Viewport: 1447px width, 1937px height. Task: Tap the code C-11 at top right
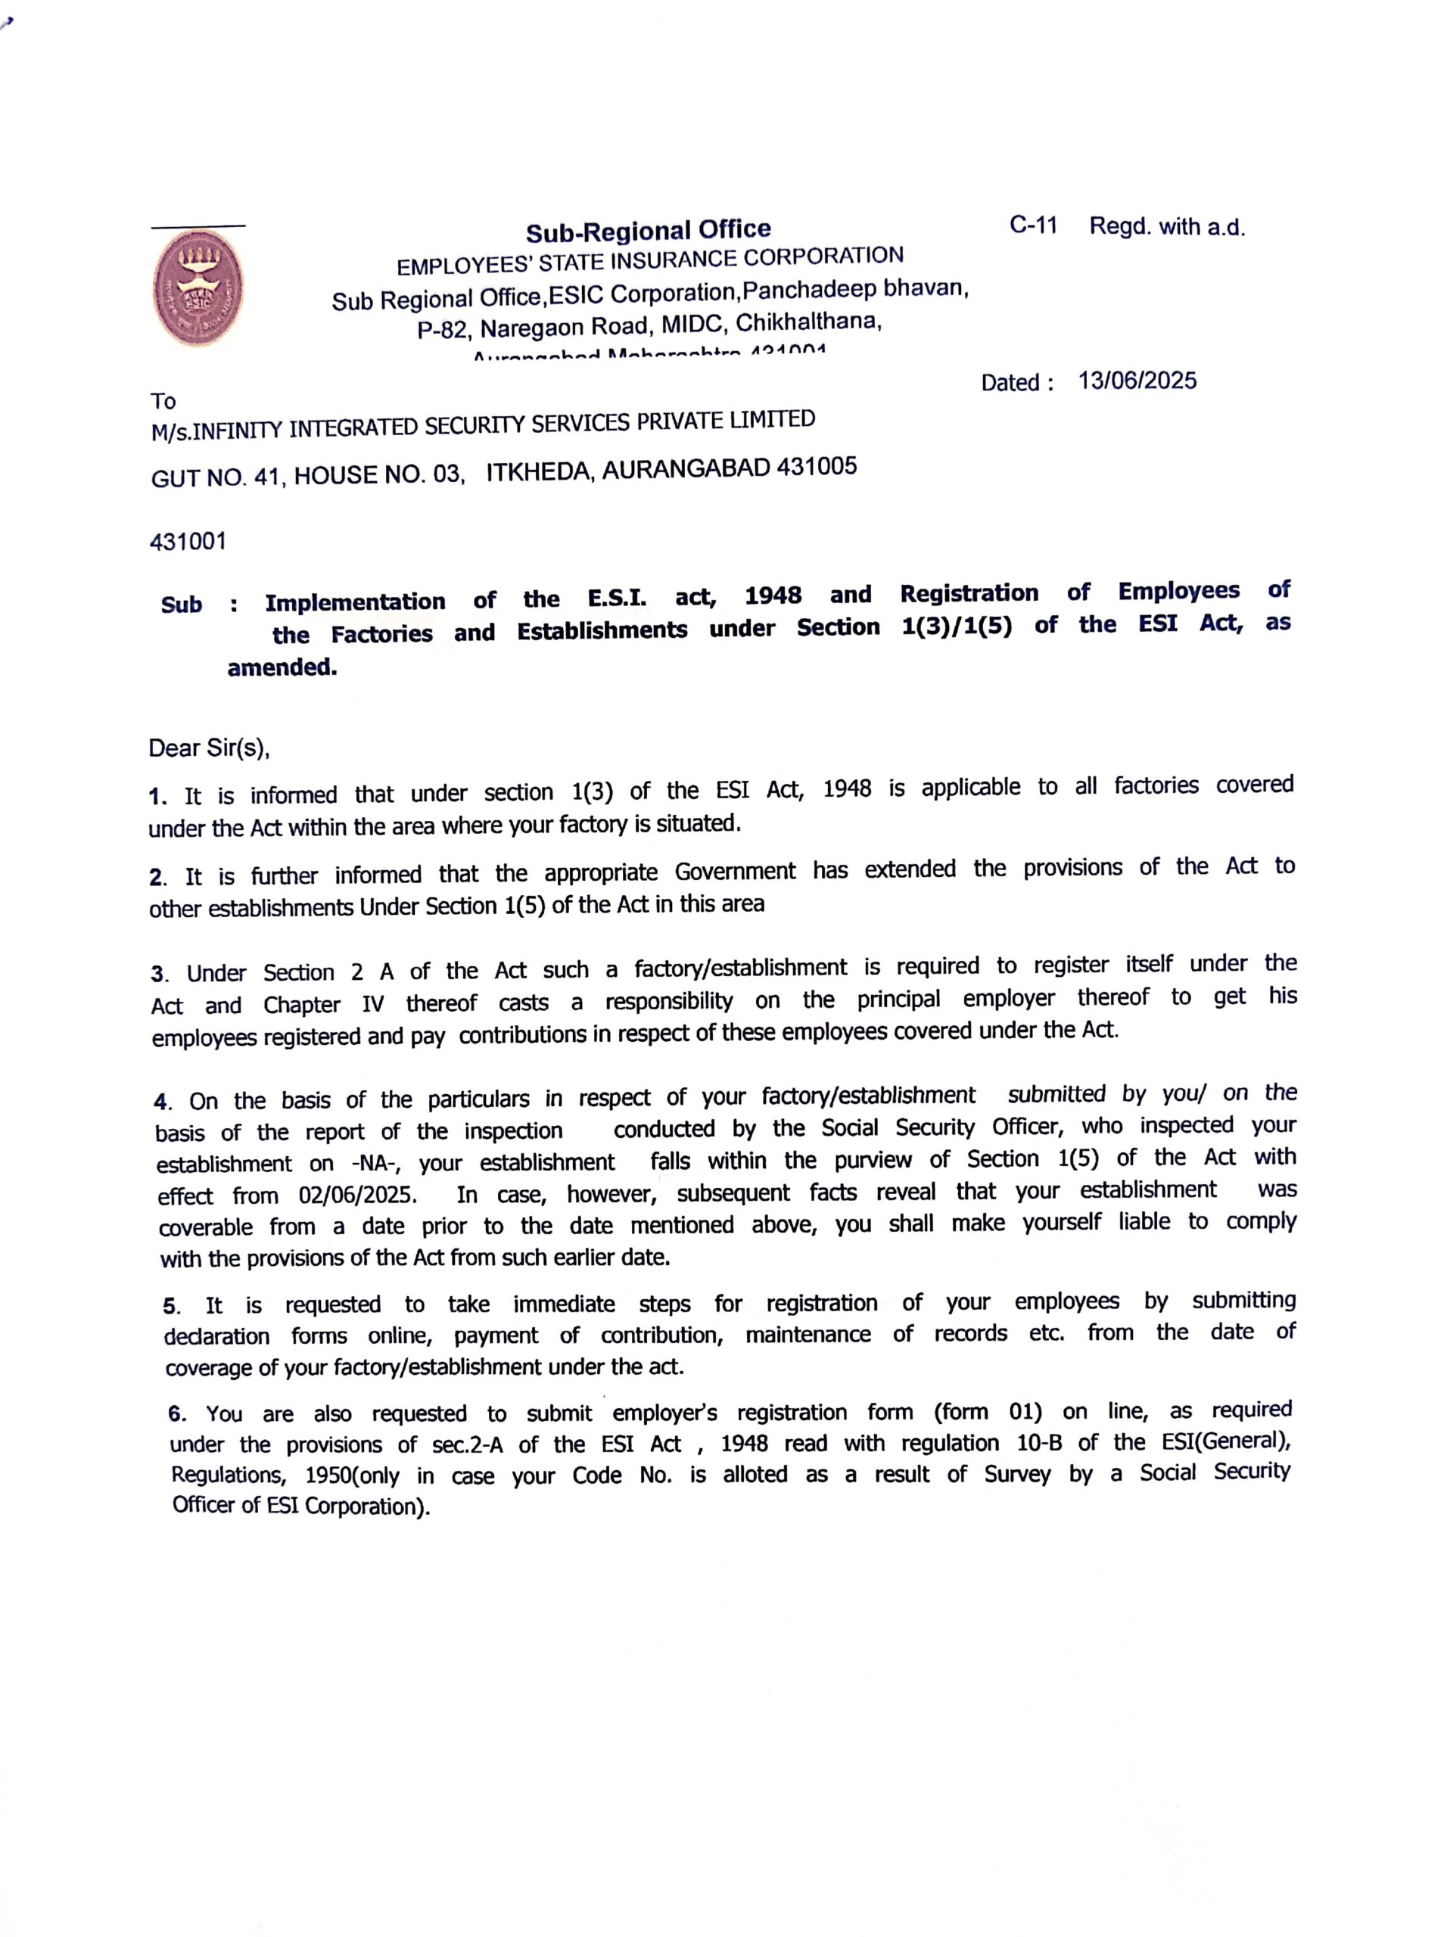[1034, 226]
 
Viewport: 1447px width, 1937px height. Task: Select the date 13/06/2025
[1137, 381]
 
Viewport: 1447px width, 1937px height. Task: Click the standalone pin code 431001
[188, 542]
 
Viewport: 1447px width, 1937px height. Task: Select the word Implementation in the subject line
[355, 602]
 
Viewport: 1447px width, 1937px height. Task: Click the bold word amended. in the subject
[282, 668]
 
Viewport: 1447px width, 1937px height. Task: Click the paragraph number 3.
[158, 975]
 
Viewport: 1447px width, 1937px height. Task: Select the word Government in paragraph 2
[735, 872]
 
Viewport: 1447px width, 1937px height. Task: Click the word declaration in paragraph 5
[216, 1336]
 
